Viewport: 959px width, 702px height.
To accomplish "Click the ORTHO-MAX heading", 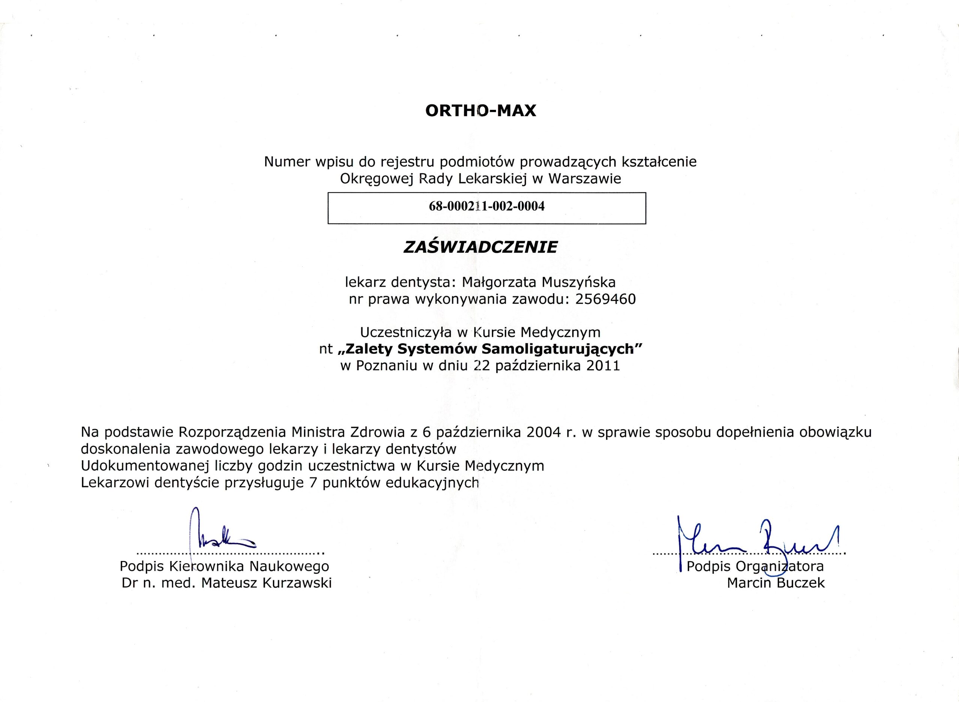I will (481, 111).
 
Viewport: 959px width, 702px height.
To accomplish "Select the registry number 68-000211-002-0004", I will (487, 207).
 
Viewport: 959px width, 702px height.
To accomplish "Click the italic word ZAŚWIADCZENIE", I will (480, 247).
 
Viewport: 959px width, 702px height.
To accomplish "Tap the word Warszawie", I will (585, 178).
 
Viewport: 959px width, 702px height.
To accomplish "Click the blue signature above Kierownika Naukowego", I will (221, 536).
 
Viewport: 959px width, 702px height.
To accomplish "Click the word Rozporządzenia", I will (233, 433).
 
